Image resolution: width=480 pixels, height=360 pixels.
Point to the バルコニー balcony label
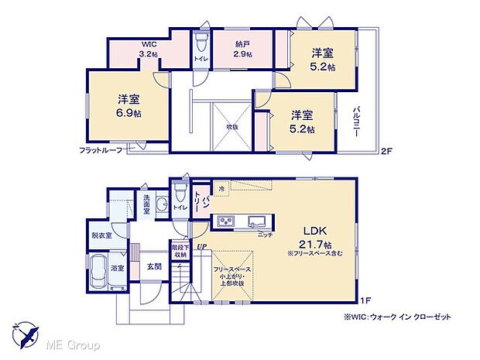click(358, 121)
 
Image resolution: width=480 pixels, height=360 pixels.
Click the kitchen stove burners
click(227, 222)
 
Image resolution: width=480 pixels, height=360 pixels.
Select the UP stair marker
click(201, 247)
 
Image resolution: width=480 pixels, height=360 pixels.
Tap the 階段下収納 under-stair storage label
click(179, 252)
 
